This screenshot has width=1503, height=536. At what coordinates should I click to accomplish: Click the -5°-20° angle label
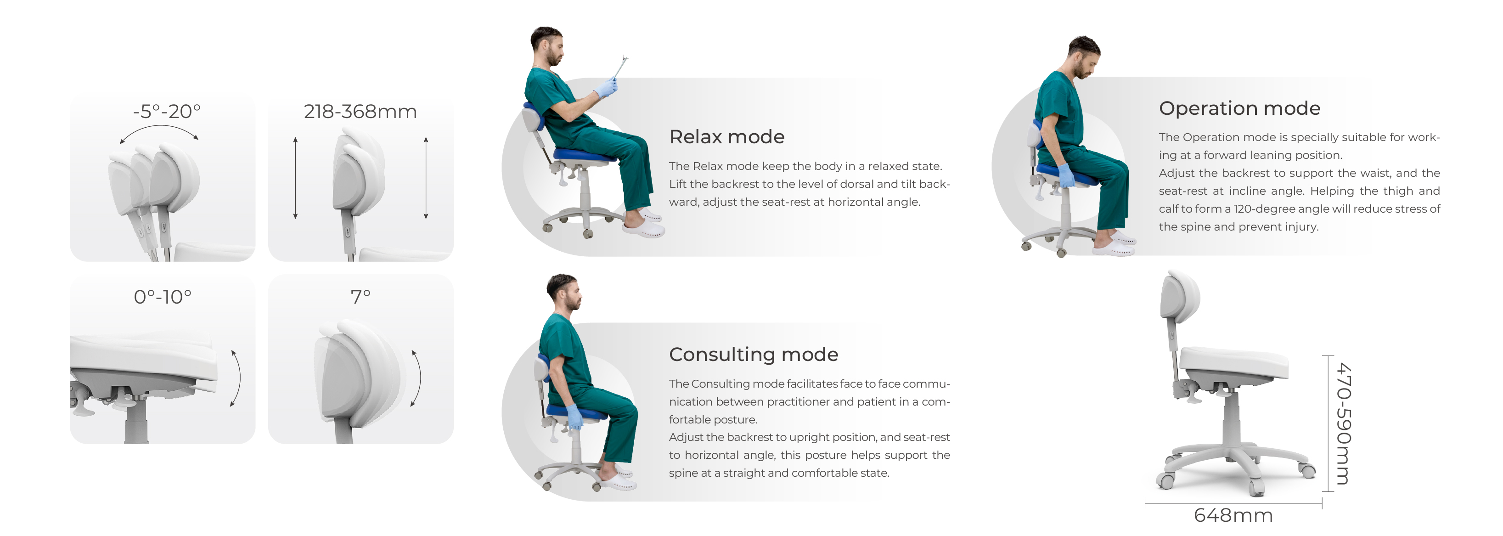coord(166,111)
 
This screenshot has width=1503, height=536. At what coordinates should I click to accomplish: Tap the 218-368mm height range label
coord(360,111)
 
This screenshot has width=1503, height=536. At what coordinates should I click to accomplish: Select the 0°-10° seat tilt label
coord(162,297)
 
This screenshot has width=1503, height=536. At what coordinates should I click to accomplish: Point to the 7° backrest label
coord(360,297)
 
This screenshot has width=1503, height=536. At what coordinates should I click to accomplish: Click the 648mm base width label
coord(1233,515)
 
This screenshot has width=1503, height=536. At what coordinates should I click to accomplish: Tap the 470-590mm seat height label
coord(1343,423)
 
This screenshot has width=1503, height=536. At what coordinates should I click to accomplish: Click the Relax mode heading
coord(726,136)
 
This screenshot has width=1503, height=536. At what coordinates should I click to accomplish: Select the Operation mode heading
coord(1239,108)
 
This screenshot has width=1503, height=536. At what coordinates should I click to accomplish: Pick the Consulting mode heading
coord(753,355)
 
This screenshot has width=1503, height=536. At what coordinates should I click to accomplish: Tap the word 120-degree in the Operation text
coord(1261,209)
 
